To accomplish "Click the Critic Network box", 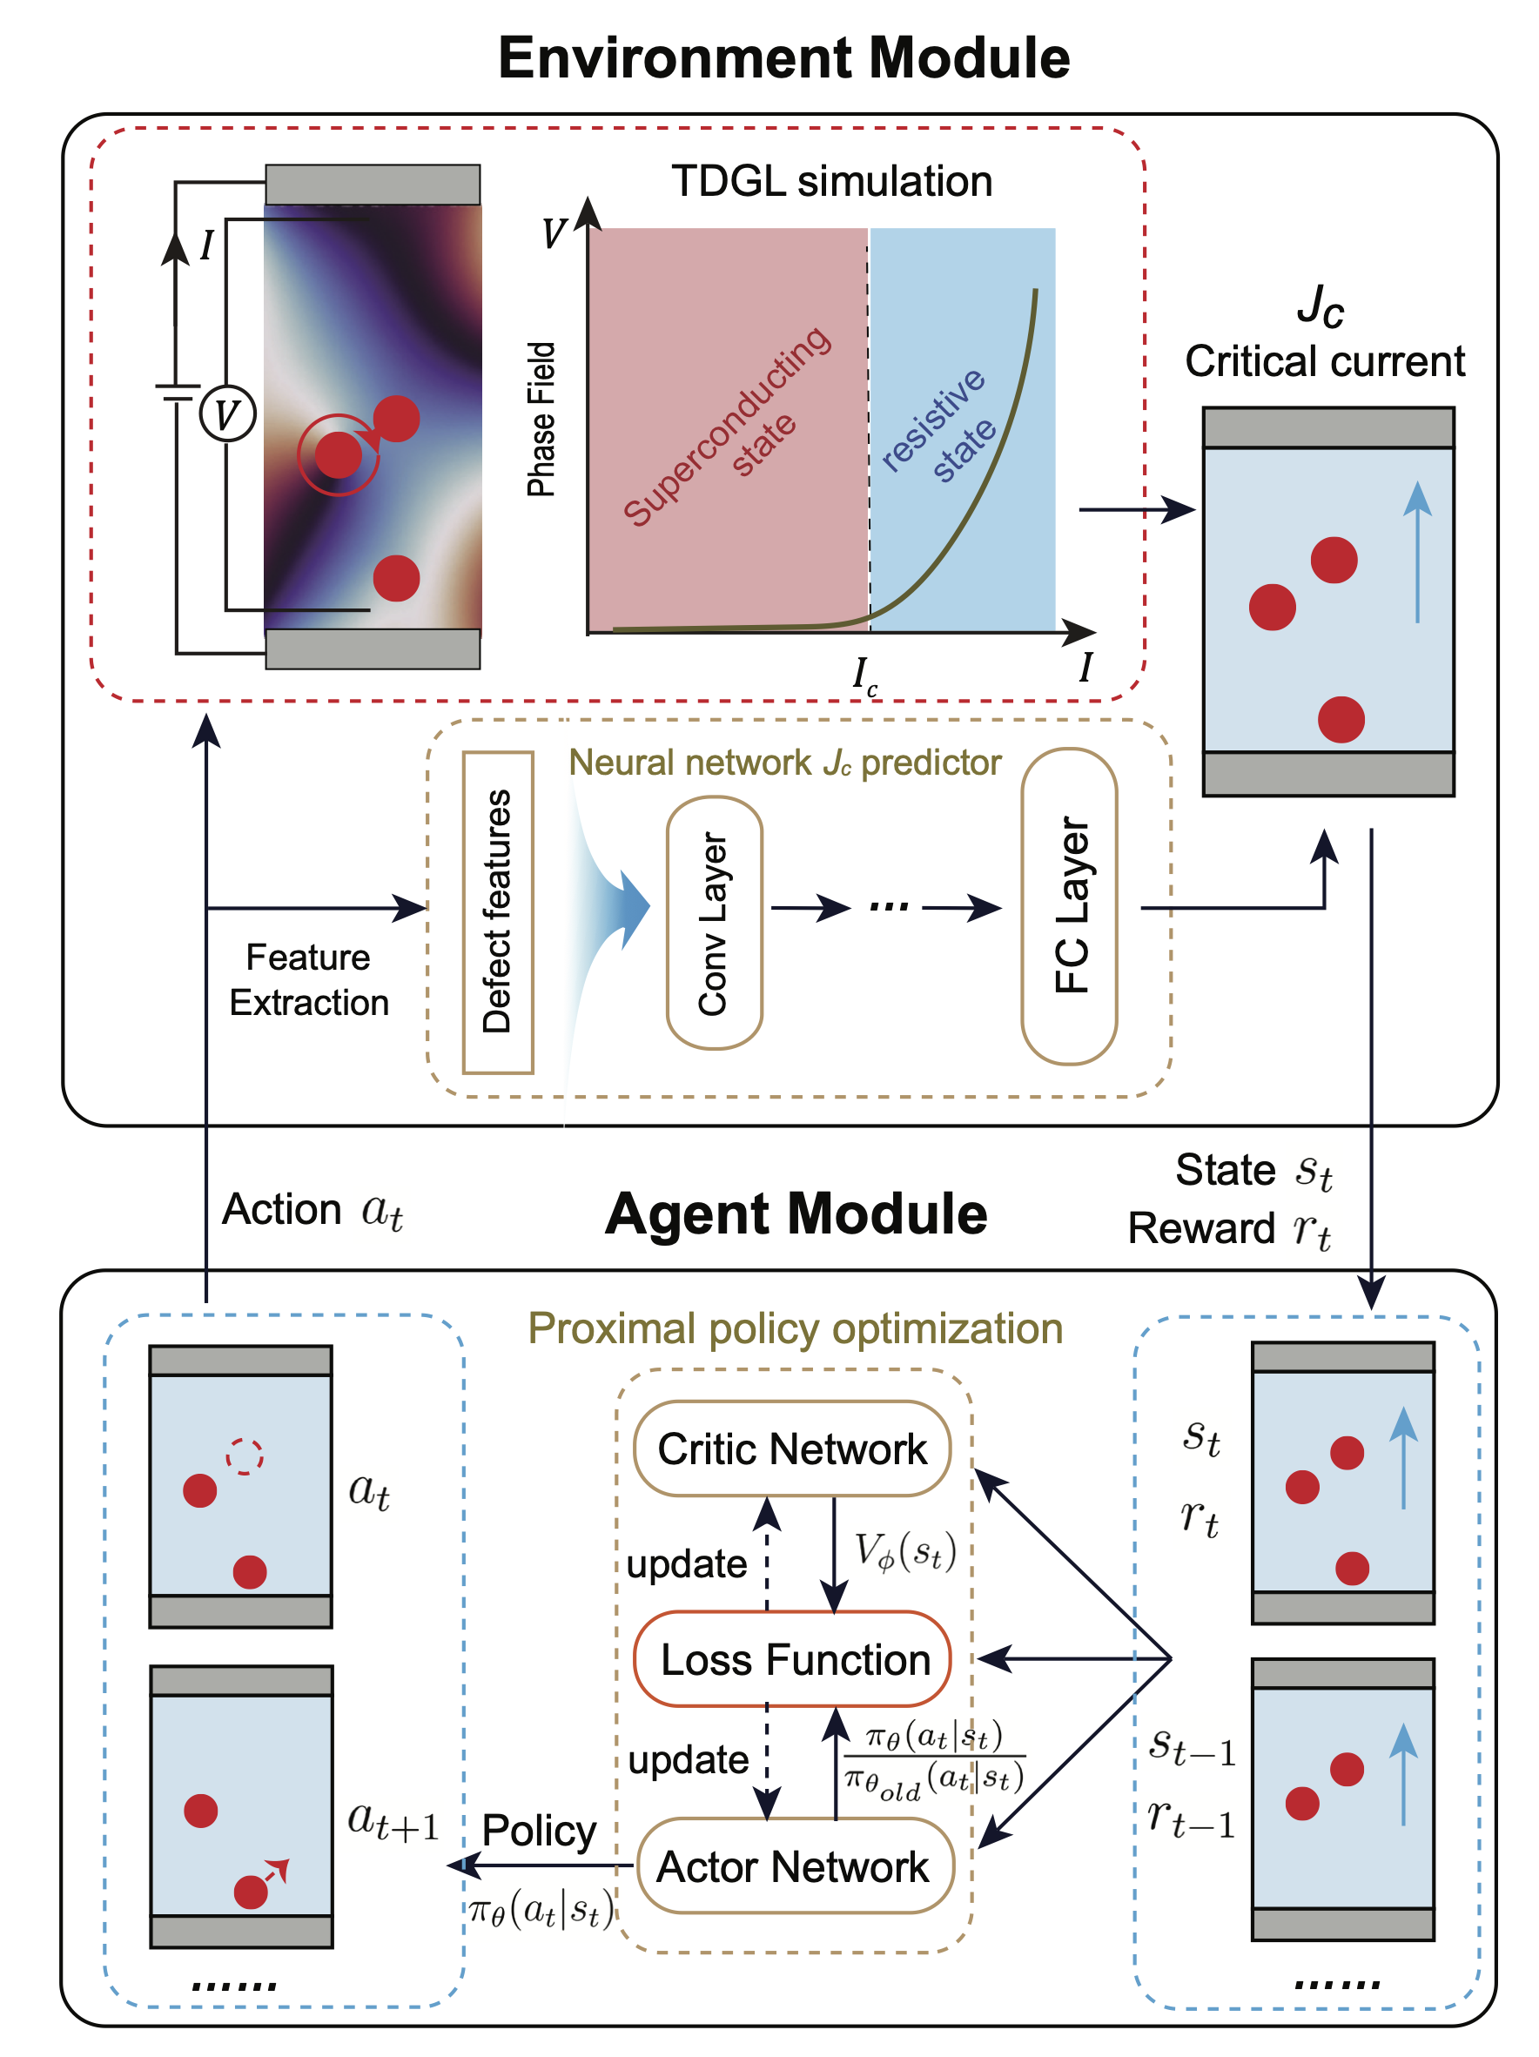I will [x=791, y=1449].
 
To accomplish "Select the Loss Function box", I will [x=791, y=1659].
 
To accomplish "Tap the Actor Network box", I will [x=794, y=1866].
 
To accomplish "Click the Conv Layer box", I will [x=714, y=923].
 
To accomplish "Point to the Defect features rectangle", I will [x=498, y=911].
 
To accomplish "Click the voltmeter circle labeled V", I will [x=228, y=413].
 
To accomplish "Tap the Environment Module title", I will [x=784, y=57].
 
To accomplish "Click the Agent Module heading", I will [x=796, y=1213].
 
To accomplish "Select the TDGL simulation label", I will [x=831, y=180].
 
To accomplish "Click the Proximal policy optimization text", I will [x=795, y=1328].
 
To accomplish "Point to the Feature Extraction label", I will [x=309, y=979].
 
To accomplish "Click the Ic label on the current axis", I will [x=864, y=674].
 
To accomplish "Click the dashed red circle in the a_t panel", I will [x=245, y=1456].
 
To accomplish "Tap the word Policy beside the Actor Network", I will [x=540, y=1830].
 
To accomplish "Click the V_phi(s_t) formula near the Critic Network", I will [x=904, y=1551].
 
